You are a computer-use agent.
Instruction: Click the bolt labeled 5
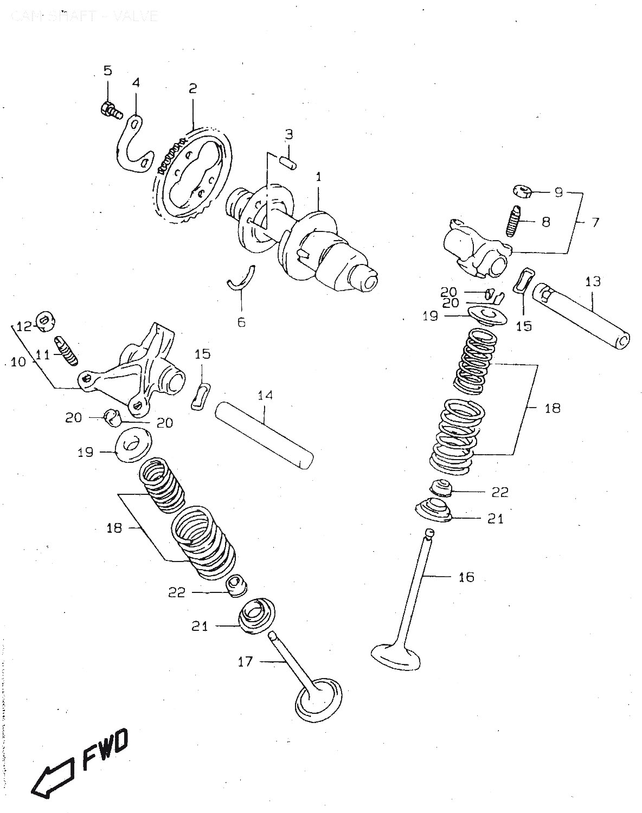(x=110, y=110)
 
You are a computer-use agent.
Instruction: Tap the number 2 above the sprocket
(x=192, y=88)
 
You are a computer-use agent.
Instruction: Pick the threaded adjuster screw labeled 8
(x=513, y=222)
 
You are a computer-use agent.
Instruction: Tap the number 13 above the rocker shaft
(x=593, y=281)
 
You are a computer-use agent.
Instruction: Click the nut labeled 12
(x=44, y=322)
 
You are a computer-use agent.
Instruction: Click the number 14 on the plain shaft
(x=265, y=396)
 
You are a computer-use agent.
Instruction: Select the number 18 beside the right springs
(x=552, y=408)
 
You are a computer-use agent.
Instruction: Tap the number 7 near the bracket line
(x=595, y=222)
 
